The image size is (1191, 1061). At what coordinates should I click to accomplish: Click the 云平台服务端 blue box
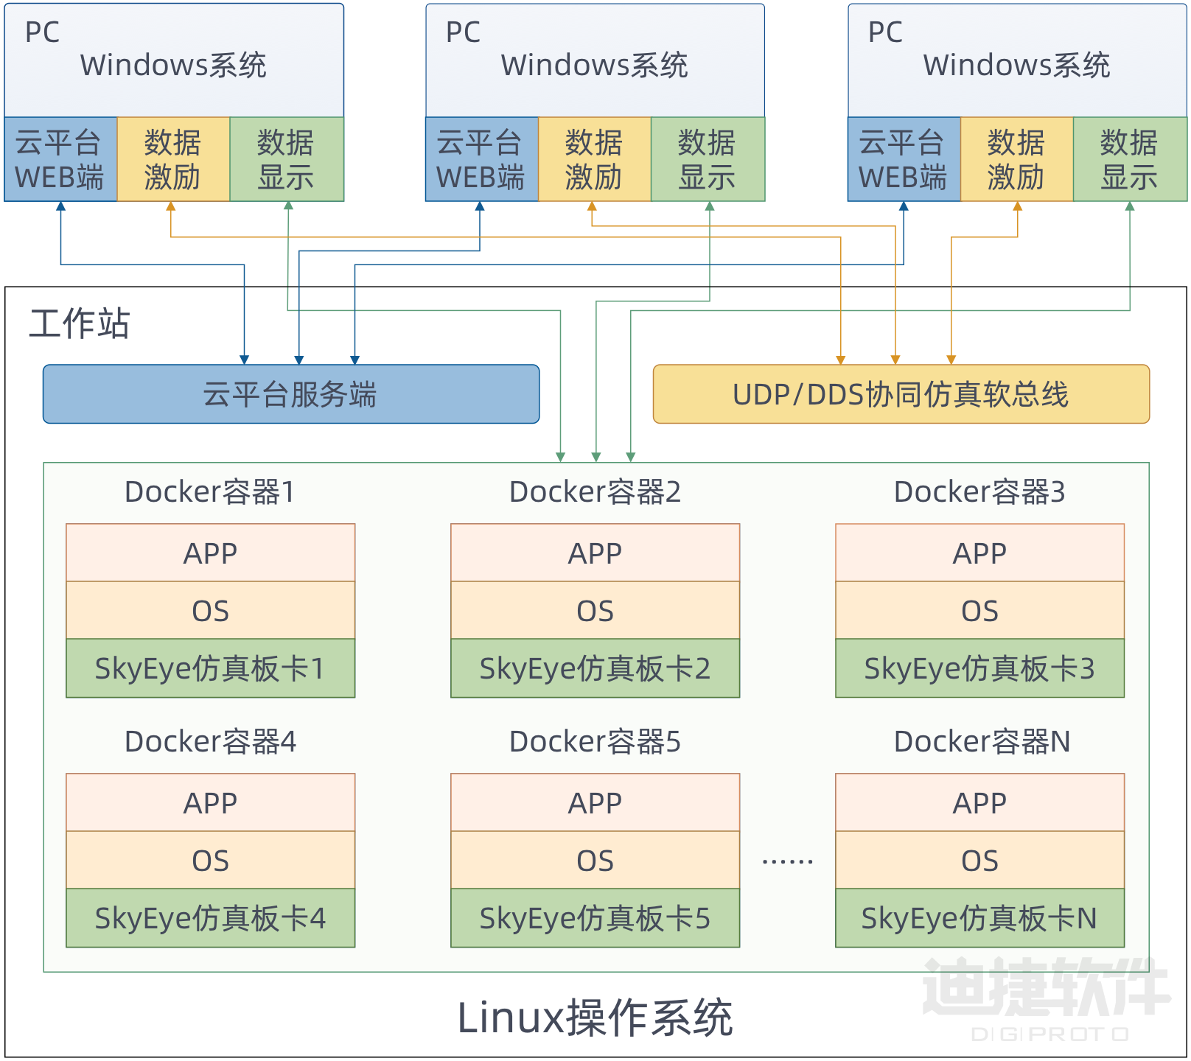click(x=291, y=394)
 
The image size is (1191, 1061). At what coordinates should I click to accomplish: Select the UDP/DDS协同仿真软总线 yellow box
click(x=901, y=394)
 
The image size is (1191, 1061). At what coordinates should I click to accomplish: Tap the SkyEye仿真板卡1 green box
click(x=210, y=668)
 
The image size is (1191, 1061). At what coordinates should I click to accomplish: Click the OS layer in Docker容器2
click(x=595, y=611)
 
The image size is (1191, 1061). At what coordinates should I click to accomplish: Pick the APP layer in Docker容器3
click(x=979, y=553)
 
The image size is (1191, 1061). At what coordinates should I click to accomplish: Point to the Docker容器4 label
click(x=210, y=741)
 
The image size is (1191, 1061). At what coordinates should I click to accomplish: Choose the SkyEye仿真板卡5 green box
click(x=595, y=918)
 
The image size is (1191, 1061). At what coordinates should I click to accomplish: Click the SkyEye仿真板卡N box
click(x=979, y=918)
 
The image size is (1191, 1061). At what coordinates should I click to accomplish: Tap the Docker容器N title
click(x=981, y=741)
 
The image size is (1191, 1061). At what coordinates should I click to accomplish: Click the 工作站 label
click(x=80, y=323)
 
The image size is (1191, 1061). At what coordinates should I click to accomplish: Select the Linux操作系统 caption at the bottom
click(x=595, y=1018)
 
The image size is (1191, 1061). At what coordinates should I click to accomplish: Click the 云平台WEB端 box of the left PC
click(x=60, y=159)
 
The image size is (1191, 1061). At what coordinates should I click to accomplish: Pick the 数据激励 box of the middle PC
click(x=594, y=159)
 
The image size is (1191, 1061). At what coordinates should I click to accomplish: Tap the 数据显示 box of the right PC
click(x=1129, y=159)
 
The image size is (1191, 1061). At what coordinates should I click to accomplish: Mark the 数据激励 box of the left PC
click(x=173, y=159)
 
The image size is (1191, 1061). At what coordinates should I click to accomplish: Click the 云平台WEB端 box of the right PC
click(x=904, y=159)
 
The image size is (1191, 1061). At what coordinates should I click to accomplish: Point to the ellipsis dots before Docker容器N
click(x=787, y=861)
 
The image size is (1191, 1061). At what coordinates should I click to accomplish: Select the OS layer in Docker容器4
click(x=210, y=861)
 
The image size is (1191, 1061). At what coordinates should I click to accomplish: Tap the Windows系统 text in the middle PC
click(x=594, y=65)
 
